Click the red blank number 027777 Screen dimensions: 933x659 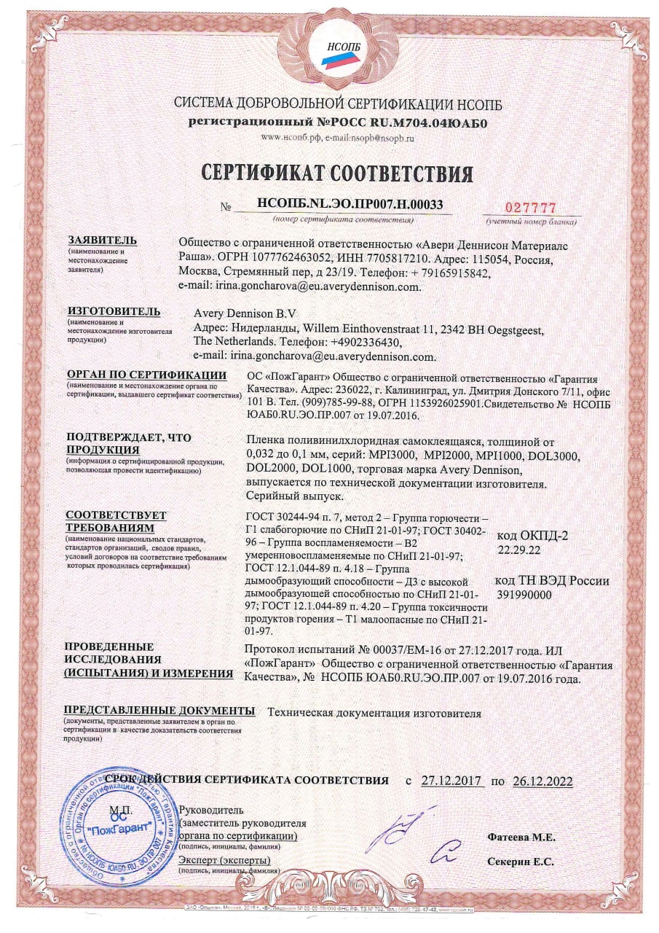[530, 206]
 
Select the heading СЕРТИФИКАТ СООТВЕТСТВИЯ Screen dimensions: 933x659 [337, 174]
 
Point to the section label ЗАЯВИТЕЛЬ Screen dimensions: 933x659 [102, 241]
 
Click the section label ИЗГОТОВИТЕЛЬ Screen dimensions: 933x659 [113, 312]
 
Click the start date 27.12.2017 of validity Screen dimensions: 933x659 [452, 781]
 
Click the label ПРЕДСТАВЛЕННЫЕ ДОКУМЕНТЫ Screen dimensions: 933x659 [159, 710]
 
